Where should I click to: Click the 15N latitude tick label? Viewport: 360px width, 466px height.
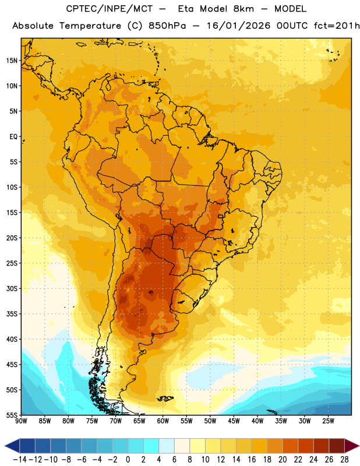[x=12, y=61]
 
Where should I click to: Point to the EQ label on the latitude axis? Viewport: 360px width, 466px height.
[x=13, y=137]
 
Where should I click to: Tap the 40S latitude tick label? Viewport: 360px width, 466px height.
[x=12, y=339]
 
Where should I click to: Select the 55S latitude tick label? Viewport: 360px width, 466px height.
[x=12, y=415]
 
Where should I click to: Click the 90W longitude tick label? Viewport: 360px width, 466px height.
[x=21, y=421]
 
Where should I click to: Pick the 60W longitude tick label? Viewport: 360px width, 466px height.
[x=163, y=421]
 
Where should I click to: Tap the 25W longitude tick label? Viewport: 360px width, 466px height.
[x=328, y=421]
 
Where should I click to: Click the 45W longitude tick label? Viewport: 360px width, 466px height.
[x=234, y=421]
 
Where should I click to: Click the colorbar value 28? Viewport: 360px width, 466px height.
[x=344, y=460]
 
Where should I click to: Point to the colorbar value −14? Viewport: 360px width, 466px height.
[x=20, y=460]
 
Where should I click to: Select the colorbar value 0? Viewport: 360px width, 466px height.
[x=128, y=460]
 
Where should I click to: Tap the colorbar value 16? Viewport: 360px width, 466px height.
[x=252, y=460]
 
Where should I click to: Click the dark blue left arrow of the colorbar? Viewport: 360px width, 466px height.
[x=12, y=446]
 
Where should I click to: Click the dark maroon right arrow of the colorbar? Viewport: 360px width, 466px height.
[x=352, y=446]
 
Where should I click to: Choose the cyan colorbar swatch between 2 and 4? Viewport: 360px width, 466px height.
[x=151, y=446]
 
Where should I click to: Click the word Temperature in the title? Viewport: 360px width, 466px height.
[x=90, y=26]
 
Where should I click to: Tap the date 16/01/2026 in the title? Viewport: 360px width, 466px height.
[x=238, y=26]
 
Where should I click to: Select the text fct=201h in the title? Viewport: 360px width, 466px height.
[x=337, y=26]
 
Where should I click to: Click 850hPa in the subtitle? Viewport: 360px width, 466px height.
[x=167, y=26]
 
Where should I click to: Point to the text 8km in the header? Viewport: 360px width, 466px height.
[x=243, y=9]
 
